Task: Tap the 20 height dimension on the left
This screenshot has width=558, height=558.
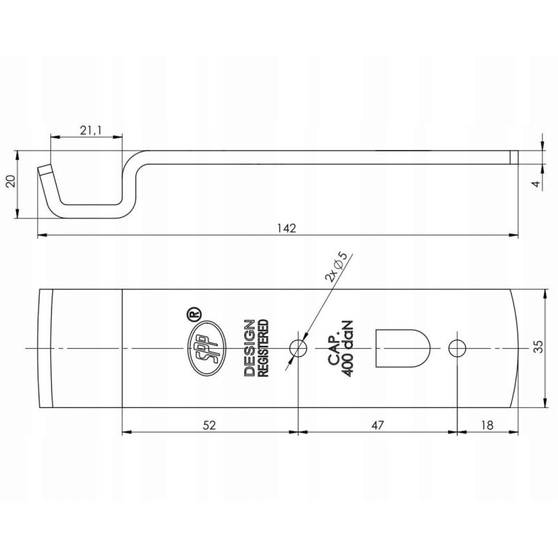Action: pyautogui.click(x=10, y=183)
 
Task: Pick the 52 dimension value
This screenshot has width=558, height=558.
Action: pyautogui.click(x=209, y=424)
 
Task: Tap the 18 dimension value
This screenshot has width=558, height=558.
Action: pyautogui.click(x=487, y=424)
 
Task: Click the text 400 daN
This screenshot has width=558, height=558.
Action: pyautogui.click(x=348, y=347)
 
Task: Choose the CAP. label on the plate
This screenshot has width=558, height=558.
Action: pyautogui.click(x=333, y=347)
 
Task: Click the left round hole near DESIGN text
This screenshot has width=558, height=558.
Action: pyautogui.click(x=299, y=347)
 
